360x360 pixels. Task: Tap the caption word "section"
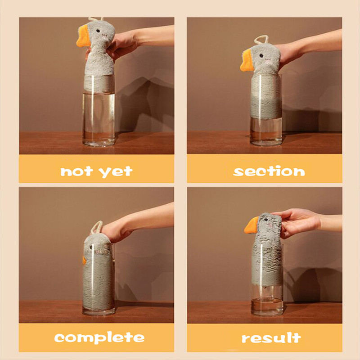pyautogui.click(x=269, y=171)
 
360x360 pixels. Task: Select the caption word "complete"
pyautogui.click(x=99, y=338)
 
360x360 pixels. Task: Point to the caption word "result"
pyautogui.click(x=271, y=338)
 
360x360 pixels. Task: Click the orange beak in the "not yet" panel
pyautogui.click(x=83, y=37)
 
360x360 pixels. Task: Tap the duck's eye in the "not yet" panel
pyautogui.click(x=98, y=31)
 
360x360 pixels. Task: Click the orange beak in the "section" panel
pyautogui.click(x=246, y=61)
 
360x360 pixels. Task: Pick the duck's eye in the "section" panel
pyautogui.click(x=261, y=55)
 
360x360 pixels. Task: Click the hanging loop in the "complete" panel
pyautogui.click(x=97, y=227)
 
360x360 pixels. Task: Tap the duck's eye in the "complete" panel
pyautogui.click(x=91, y=247)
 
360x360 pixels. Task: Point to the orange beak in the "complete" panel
pyautogui.click(x=84, y=260)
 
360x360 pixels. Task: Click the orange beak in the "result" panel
pyautogui.click(x=252, y=225)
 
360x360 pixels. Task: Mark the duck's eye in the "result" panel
pyautogui.click(x=265, y=220)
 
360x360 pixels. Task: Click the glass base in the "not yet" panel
pyautogui.click(x=99, y=143)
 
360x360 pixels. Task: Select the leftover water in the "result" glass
pyautogui.click(x=267, y=306)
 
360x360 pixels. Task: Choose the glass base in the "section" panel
pyautogui.click(x=266, y=142)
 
